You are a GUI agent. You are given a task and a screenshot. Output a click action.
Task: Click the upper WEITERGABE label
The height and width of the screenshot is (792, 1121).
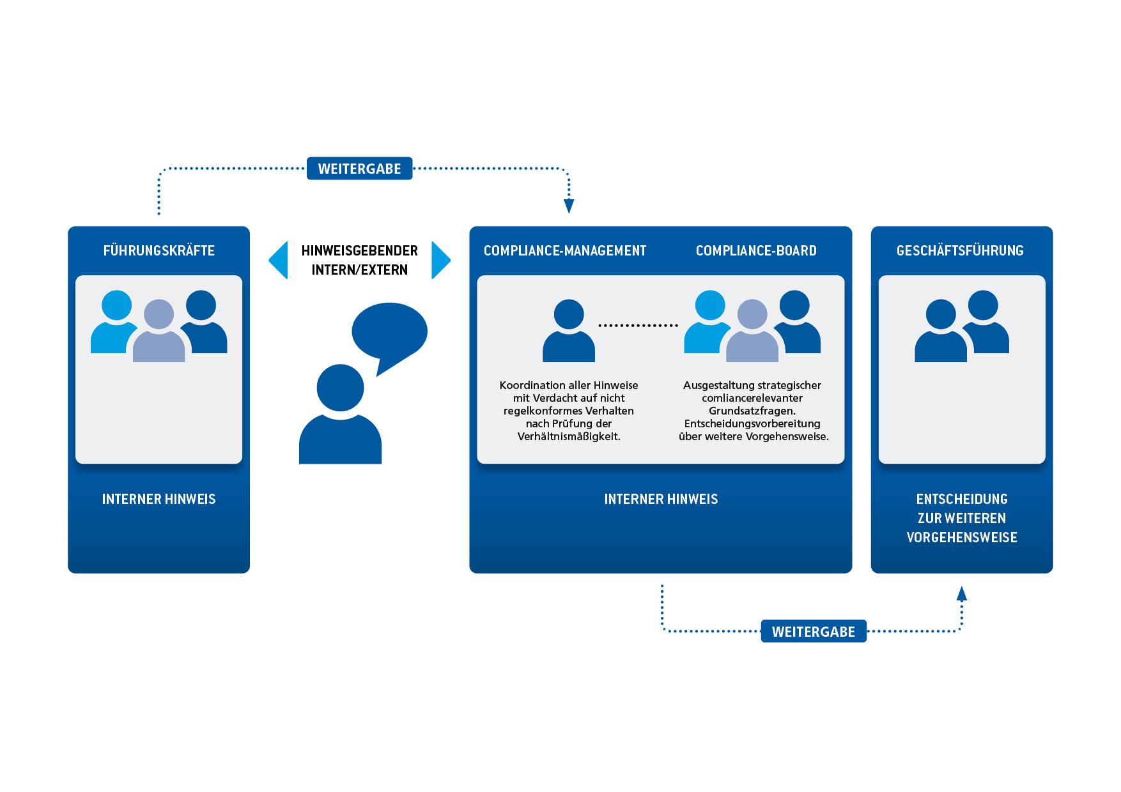coord(359,169)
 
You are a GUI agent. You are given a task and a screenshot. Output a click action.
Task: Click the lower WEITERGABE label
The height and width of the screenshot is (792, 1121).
coord(813,631)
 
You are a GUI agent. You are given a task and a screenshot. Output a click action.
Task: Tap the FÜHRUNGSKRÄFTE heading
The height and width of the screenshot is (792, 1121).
coord(159,250)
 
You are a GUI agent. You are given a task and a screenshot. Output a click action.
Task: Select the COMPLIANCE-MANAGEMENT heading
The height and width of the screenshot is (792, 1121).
coord(565,251)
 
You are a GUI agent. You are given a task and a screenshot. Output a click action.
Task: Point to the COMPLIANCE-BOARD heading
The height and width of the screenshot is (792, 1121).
coord(756,251)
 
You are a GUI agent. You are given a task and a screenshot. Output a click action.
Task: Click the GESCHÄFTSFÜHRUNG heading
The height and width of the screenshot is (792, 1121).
coord(960,250)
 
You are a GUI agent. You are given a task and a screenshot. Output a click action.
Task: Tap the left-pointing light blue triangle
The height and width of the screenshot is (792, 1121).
coord(279,260)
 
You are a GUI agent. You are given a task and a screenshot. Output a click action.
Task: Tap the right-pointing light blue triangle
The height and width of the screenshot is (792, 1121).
coord(441,260)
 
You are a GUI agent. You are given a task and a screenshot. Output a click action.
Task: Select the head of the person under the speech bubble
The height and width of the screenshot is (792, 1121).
coord(340,388)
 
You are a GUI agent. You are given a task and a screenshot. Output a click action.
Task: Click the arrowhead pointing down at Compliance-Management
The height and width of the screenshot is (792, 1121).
coord(569,206)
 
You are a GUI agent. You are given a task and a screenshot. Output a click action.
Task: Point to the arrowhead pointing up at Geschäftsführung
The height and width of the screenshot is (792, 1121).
coord(962,593)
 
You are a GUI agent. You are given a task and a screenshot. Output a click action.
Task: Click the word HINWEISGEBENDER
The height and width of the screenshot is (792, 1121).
coord(359,250)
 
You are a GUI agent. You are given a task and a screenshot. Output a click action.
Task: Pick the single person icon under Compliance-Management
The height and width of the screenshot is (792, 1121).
coord(569,330)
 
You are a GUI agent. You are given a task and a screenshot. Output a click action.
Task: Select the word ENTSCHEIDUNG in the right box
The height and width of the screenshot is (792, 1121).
coord(962,499)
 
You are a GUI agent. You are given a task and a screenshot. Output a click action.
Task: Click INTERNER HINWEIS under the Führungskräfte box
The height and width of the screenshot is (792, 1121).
coord(159,499)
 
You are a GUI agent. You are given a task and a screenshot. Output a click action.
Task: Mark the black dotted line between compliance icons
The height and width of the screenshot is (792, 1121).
coord(638,326)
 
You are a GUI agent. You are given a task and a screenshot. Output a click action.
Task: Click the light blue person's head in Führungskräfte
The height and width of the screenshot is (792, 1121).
coord(116,305)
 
